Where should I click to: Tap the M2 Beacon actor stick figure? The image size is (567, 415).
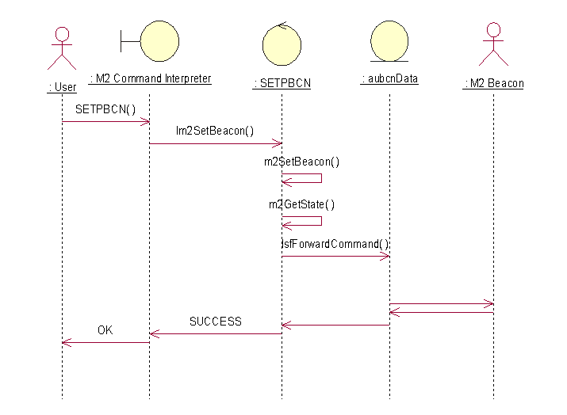[x=493, y=44]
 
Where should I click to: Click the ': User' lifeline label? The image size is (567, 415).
[x=62, y=88]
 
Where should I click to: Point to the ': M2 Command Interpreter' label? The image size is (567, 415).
[x=150, y=78]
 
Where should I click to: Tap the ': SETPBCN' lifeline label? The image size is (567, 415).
[x=282, y=83]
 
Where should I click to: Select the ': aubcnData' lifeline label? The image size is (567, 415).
[x=389, y=79]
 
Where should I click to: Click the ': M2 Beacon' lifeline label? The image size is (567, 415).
[x=493, y=83]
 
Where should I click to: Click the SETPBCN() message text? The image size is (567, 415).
[x=105, y=109]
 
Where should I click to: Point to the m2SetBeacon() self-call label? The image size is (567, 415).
[x=301, y=162]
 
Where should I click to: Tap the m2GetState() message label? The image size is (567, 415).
[x=301, y=204]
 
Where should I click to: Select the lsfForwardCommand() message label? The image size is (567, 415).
[x=335, y=244]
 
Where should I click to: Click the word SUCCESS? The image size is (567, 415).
[x=215, y=322]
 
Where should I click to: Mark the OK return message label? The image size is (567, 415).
[x=105, y=330]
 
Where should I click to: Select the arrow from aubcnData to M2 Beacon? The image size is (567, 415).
[x=441, y=303]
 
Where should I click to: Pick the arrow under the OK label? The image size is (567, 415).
[x=105, y=342]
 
